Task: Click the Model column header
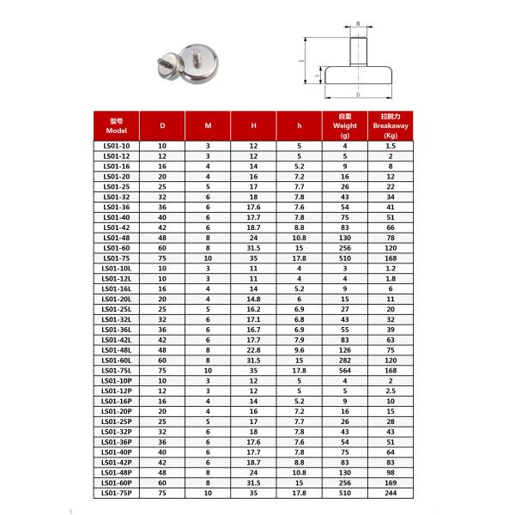coord(118,126)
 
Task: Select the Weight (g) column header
coord(345,125)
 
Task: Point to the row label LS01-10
coord(118,147)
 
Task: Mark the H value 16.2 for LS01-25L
coord(253,310)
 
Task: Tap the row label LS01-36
coord(118,208)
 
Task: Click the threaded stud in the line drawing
coord(357,51)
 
